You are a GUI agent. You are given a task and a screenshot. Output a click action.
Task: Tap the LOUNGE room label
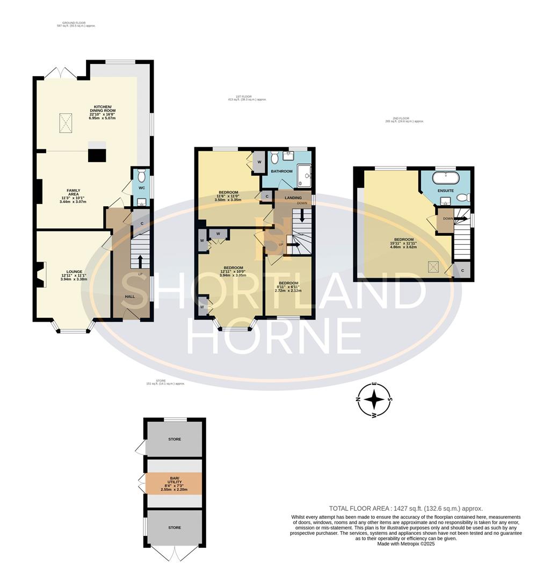click(74, 272)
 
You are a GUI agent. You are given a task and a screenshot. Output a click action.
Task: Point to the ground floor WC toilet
click(142, 176)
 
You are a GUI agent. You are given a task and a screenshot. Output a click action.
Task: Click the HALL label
click(130, 296)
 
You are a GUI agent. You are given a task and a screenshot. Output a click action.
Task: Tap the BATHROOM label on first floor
click(281, 171)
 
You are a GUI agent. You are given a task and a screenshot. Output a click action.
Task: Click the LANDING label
click(293, 198)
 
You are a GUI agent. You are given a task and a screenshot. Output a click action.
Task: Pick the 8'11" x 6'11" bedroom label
click(288, 283)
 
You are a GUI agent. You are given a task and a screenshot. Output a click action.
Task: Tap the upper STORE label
click(175, 439)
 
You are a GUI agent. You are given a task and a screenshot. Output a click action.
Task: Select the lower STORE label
click(175, 527)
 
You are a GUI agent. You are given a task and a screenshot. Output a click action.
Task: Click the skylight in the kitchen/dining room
click(66, 124)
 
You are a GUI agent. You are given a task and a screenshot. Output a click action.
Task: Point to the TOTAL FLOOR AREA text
click(406, 508)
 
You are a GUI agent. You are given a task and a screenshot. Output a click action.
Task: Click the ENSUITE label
click(446, 191)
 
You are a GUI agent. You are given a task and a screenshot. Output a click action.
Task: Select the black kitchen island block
click(97, 154)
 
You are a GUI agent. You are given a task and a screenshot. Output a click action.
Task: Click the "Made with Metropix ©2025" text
click(406, 543)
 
